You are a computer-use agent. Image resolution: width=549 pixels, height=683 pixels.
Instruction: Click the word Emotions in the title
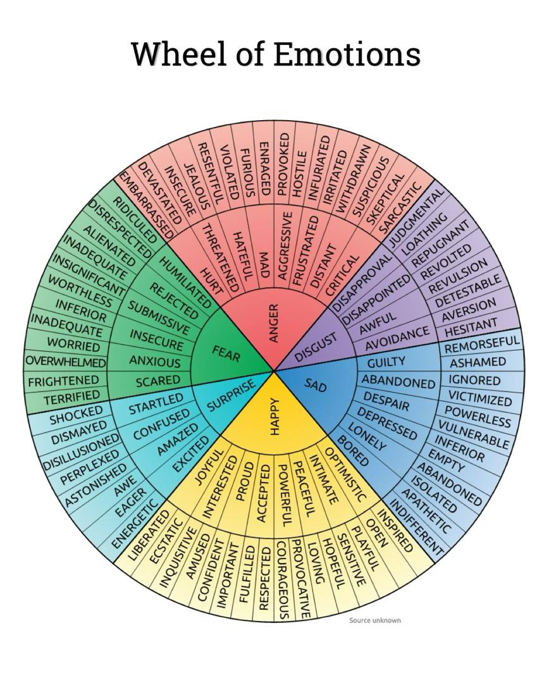[347, 54]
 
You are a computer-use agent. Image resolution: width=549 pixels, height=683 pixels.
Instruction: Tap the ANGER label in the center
[273, 323]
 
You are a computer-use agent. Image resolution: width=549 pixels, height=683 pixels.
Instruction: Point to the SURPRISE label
[230, 395]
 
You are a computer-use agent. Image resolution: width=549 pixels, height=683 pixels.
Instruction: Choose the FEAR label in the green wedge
[226, 354]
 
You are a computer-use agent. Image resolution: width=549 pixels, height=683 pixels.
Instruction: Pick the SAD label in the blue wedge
[316, 385]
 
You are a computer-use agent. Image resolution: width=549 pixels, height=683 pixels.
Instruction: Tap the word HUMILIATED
[185, 282]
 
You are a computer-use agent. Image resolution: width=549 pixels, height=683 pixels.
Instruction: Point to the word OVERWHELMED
[66, 362]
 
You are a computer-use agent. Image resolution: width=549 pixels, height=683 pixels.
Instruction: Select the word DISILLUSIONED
[81, 450]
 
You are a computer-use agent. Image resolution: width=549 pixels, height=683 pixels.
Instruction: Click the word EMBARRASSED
[146, 205]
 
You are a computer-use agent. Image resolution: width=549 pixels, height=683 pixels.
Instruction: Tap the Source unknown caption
[374, 620]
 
